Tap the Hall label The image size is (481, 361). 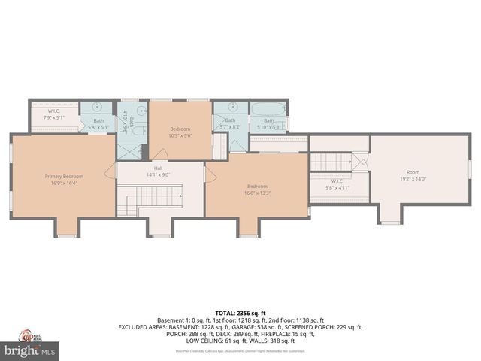159,168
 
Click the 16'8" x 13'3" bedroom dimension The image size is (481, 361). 258,193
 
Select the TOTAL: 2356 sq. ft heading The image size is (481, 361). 240,312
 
